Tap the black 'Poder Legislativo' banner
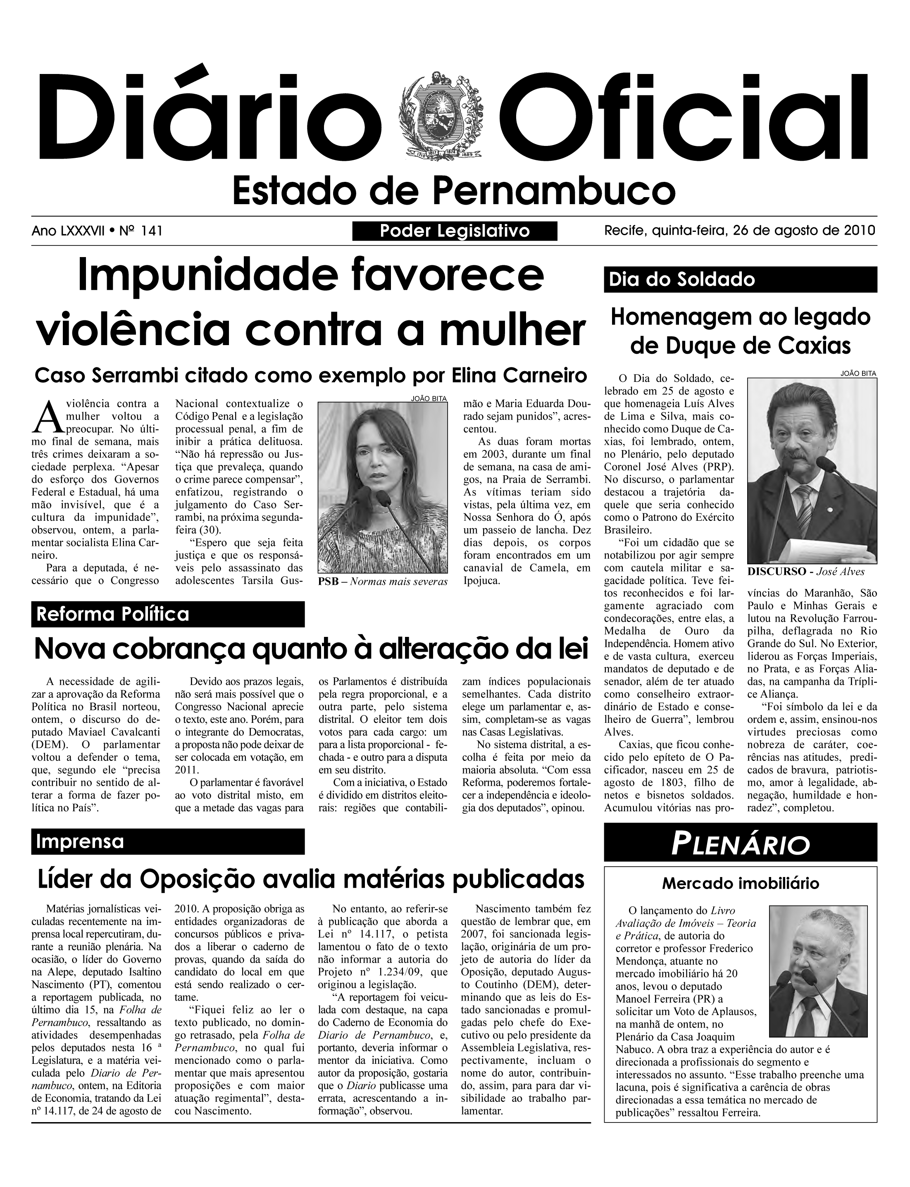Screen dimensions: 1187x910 455,231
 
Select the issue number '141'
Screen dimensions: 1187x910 152,231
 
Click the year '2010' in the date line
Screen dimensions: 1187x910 860,230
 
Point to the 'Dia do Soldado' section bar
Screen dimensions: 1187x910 740,279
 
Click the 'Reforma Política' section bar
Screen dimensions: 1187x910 168,614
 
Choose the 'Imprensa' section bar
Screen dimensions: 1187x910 168,841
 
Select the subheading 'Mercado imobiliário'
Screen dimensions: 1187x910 740,884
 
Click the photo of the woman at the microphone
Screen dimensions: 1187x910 382,488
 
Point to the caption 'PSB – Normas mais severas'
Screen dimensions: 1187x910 382,582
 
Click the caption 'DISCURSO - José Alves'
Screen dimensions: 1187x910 806,572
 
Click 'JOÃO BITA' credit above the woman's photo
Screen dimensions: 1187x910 429,399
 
